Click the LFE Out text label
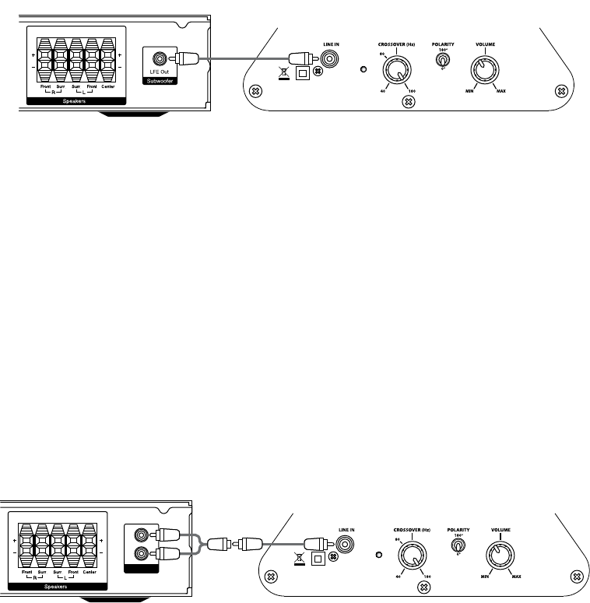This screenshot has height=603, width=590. [x=160, y=72]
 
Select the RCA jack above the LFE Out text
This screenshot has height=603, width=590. [x=160, y=58]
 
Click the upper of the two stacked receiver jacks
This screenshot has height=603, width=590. [x=141, y=536]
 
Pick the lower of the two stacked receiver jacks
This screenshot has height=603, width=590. [x=141, y=554]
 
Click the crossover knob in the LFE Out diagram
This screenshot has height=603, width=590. [x=395, y=73]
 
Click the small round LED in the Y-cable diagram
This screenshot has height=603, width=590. [x=379, y=556]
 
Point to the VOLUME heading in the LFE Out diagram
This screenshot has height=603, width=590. [x=485, y=45]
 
